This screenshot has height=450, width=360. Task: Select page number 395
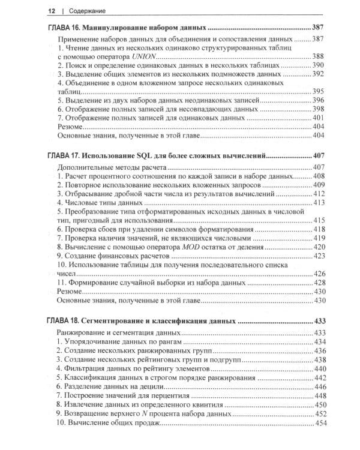click(x=317, y=91)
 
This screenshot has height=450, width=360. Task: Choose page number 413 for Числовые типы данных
click(x=317, y=203)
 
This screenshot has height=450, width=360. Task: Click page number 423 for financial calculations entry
click(x=317, y=256)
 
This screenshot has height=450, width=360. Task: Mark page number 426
click(x=317, y=274)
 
